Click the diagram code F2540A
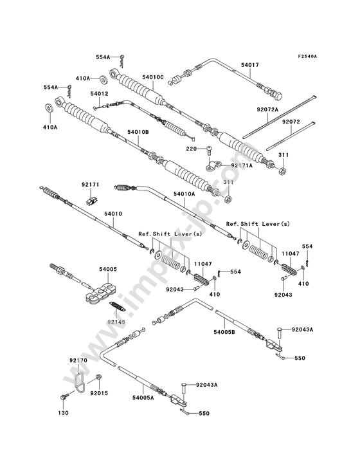[x=307, y=56]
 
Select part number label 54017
[x=250, y=65]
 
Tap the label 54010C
[x=153, y=77]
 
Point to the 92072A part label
[x=267, y=109]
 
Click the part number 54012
[x=99, y=94]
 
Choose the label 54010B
[x=138, y=132]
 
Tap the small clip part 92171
[x=91, y=200]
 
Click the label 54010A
[x=184, y=194]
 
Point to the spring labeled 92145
[x=117, y=306]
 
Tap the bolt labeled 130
[x=63, y=397]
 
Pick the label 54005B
[x=224, y=332]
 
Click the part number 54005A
[x=143, y=398]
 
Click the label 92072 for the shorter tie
[x=291, y=122]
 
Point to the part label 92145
[x=116, y=322]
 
